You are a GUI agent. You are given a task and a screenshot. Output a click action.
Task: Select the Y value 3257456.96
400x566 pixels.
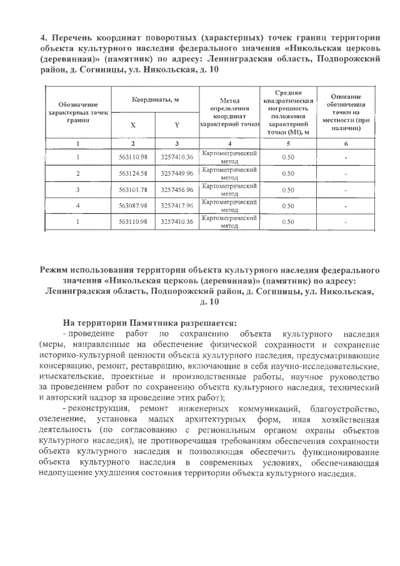[176, 190]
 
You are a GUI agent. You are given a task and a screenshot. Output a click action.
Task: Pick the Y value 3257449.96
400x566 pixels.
[176, 173]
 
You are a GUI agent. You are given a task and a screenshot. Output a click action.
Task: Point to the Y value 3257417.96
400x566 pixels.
[176, 206]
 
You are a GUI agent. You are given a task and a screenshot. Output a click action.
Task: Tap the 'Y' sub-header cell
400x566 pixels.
[176, 124]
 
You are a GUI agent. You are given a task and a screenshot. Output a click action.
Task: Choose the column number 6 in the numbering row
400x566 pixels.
[346, 143]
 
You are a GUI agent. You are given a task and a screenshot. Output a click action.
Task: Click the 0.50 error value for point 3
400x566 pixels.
[288, 190]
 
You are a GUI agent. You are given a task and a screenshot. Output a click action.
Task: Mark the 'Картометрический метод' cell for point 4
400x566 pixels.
[231, 206]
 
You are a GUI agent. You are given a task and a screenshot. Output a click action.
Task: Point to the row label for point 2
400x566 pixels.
[77, 173]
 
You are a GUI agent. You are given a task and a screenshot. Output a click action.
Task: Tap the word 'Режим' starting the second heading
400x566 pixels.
[56, 270]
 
